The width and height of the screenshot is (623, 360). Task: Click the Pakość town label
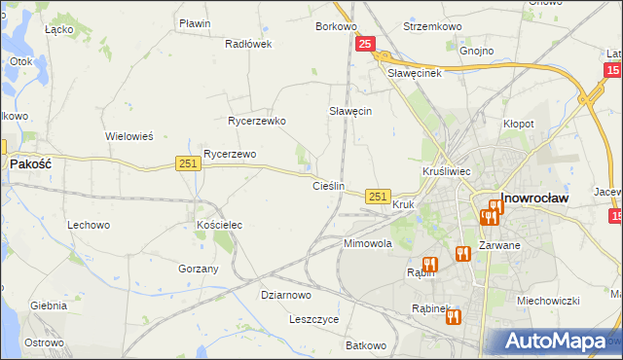click(30, 164)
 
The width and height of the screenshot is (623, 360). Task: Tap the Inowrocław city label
click(534, 198)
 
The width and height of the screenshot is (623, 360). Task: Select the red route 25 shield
click(365, 44)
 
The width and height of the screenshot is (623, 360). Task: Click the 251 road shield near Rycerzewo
click(189, 164)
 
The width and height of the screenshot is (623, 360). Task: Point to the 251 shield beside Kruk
click(379, 197)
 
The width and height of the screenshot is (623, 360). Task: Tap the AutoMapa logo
click(556, 341)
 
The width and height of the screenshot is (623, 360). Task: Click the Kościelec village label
click(219, 225)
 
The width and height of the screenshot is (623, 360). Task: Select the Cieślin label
click(328, 185)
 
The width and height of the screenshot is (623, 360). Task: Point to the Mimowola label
click(367, 243)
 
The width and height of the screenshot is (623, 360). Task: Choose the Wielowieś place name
click(129, 136)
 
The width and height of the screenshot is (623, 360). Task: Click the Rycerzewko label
click(256, 122)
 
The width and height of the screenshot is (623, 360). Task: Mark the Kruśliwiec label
click(448, 171)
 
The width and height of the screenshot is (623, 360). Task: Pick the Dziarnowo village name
click(286, 295)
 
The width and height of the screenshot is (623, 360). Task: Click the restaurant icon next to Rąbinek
click(453, 315)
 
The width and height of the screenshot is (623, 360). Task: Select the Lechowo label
click(88, 225)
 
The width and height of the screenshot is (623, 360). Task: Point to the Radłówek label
click(248, 44)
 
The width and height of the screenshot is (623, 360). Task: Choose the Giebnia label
click(48, 306)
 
